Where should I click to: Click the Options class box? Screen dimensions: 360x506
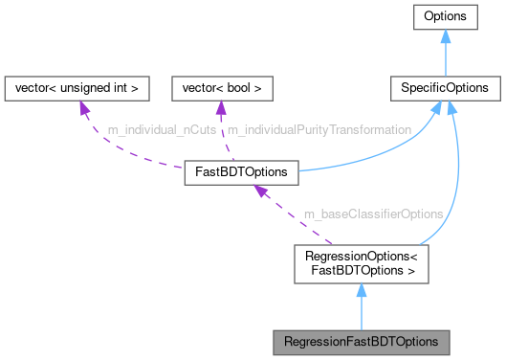point(446,17)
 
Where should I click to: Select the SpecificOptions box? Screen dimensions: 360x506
point(446,88)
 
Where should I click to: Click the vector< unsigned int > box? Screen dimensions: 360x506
point(77,88)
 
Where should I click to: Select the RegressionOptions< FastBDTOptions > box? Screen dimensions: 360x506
point(360,262)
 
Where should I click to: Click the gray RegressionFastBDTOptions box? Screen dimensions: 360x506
point(360,341)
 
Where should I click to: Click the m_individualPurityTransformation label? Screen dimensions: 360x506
point(319,128)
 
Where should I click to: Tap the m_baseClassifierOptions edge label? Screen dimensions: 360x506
point(373,214)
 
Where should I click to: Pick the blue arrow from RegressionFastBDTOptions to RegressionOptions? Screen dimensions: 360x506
point(360,306)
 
